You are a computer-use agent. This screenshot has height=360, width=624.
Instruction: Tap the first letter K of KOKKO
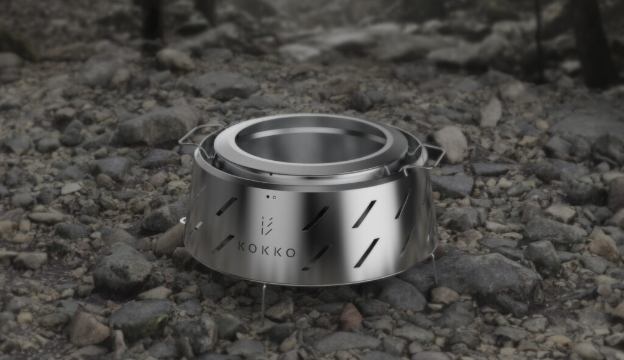coord(241,246)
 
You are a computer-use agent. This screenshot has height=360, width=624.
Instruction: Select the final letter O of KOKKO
coord(291,253)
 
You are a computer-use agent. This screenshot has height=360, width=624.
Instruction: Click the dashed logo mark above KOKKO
coord(267,225)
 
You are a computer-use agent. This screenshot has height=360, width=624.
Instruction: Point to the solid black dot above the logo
coord(268,197)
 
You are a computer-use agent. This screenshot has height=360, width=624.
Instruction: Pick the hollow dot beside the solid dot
coord(274,197)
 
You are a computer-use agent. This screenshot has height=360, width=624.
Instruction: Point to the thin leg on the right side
coord(434,269)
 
